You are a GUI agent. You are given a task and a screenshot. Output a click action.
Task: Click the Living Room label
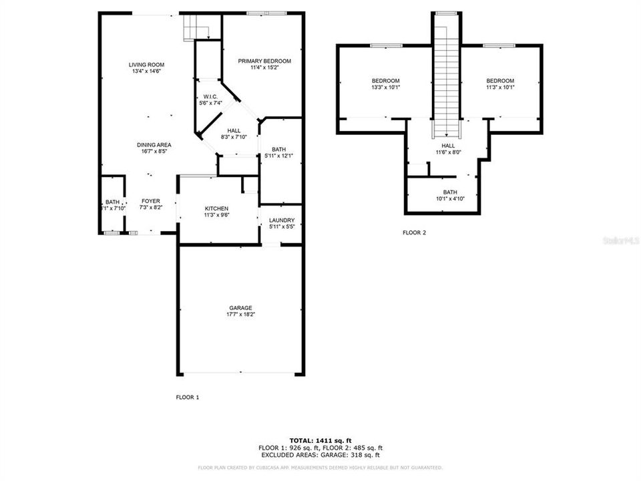(x=147, y=65)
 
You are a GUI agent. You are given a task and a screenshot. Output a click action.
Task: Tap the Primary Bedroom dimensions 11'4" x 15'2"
(x=265, y=67)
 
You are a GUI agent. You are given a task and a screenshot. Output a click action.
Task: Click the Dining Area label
(x=154, y=145)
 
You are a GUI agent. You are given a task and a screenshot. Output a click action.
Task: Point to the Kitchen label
(x=216, y=208)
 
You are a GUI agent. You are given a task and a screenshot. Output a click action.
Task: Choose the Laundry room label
(x=281, y=220)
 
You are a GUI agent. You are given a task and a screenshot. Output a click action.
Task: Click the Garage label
(x=240, y=308)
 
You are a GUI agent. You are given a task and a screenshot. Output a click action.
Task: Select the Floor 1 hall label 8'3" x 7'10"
(x=234, y=134)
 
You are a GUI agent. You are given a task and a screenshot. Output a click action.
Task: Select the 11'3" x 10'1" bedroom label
(x=500, y=84)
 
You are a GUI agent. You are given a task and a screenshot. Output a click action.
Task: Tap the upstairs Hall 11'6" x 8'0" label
(x=448, y=149)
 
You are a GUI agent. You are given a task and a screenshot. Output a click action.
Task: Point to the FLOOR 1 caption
(x=188, y=397)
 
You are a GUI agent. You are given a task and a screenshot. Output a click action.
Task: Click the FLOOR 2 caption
(x=414, y=233)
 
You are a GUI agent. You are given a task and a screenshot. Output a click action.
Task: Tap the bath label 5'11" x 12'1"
(x=278, y=152)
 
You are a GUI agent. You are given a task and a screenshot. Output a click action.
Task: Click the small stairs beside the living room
(x=196, y=28)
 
